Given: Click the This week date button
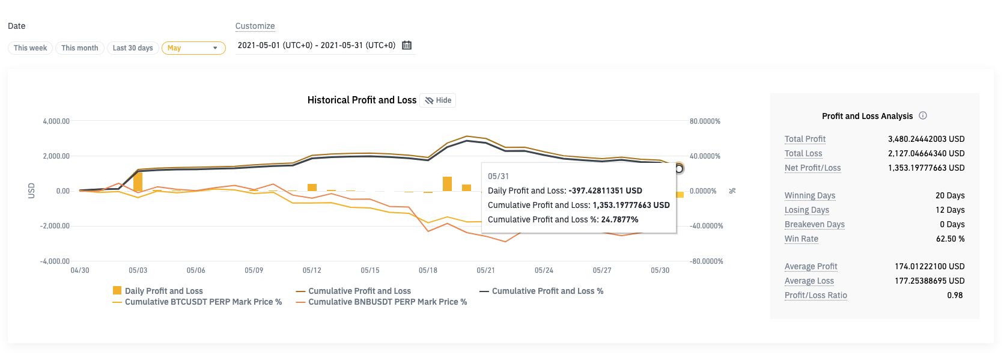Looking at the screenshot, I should tap(30, 48).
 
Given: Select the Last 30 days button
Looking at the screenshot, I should tap(133, 48).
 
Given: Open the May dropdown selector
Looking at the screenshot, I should tap(193, 48).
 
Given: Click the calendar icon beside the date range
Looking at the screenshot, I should tap(407, 45).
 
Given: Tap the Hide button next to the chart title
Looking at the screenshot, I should tap(438, 100).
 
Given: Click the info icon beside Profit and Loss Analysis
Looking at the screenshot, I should tap(923, 115).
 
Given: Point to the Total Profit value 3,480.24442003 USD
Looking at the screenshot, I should tap(926, 139).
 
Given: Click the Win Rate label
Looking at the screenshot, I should tap(801, 239).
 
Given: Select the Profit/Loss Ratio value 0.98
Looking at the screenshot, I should tap(955, 295).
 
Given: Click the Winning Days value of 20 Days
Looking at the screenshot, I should tap(950, 195).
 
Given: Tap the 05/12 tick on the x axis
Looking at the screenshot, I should tap(312, 270).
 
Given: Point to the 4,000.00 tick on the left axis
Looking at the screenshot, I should tap(56, 121).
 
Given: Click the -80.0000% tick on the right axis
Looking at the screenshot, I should tap(706, 261).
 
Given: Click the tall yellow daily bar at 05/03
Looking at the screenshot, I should tap(138, 182).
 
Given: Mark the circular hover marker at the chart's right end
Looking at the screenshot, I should tap(679, 168).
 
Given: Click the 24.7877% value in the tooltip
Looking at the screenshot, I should tap(619, 219).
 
